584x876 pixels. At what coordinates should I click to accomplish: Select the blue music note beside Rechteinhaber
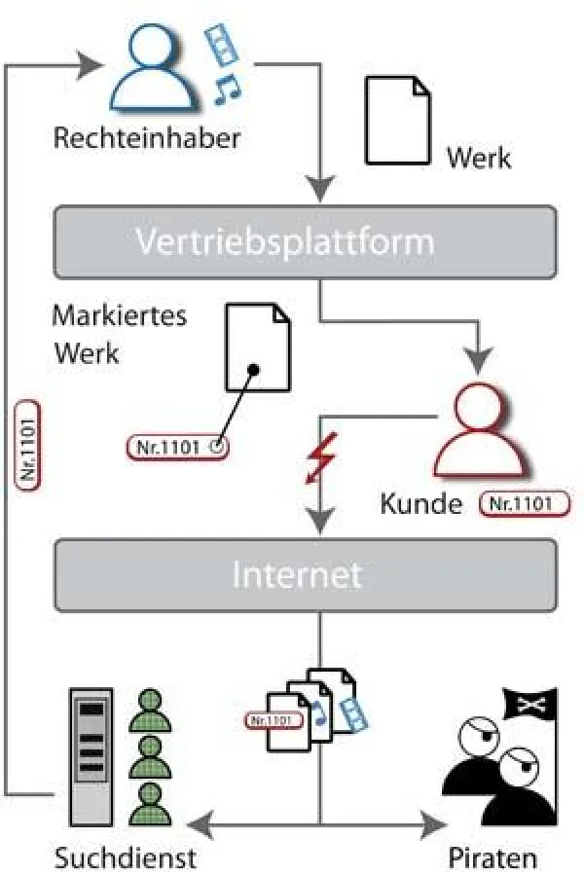(227, 89)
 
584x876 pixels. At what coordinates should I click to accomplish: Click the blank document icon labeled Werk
(397, 121)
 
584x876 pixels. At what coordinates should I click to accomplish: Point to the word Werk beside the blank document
(478, 157)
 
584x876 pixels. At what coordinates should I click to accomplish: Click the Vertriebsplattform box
(305, 240)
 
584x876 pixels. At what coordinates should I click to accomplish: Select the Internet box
(305, 573)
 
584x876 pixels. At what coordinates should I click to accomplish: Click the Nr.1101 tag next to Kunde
(525, 504)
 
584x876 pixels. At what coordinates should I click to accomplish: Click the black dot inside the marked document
(253, 370)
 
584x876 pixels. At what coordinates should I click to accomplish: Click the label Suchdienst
(126, 858)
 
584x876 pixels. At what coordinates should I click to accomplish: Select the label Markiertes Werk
(119, 334)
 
